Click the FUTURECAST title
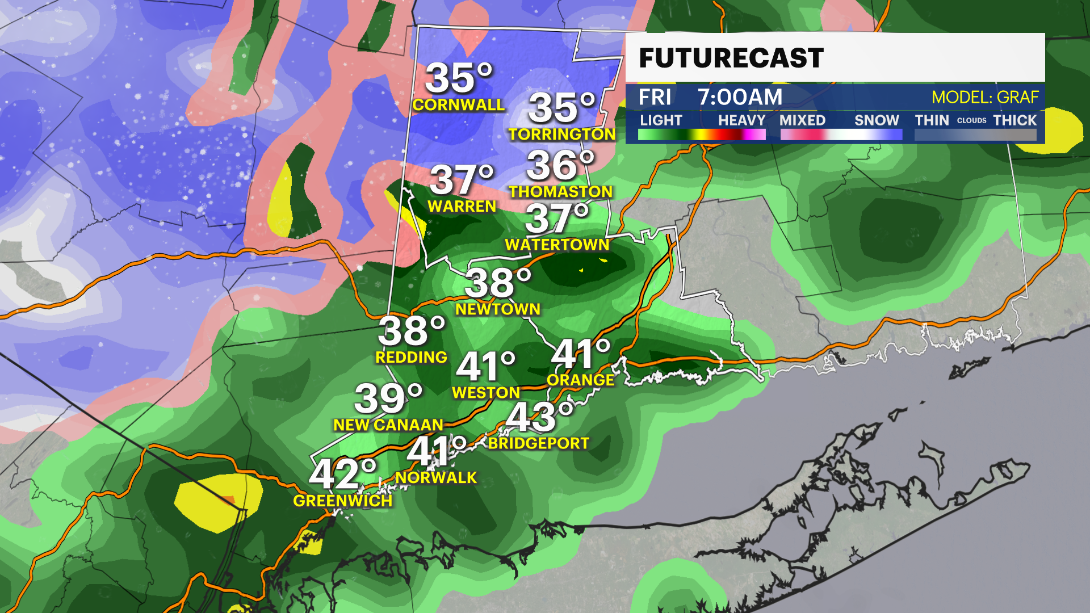[731, 58]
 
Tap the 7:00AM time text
[740, 97]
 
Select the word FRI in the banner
[655, 97]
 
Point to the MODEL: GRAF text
[984, 97]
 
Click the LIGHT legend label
[661, 120]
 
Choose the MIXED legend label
[802, 120]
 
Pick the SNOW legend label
[877, 120]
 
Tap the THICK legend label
[1014, 120]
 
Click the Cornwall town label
[458, 105]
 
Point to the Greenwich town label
[342, 501]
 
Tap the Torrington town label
[561, 135]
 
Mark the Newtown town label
[498, 309]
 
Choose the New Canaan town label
[388, 425]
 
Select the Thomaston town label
[560, 192]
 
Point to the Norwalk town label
[436, 478]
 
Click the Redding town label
[411, 358]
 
